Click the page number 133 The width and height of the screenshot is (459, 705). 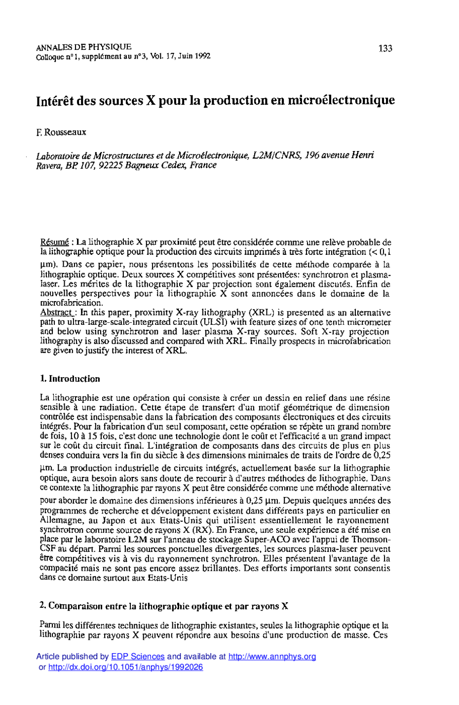click(x=385, y=48)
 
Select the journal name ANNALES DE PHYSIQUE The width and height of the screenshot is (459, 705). click(x=84, y=47)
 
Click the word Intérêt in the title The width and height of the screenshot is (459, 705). click(x=56, y=100)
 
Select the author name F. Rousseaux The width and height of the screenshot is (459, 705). click(x=61, y=132)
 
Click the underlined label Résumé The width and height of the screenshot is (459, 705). click(x=54, y=242)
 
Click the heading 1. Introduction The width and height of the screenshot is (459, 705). click(x=70, y=379)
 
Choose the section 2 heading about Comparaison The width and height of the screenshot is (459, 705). click(x=163, y=606)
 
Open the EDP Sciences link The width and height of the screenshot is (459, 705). click(x=138, y=657)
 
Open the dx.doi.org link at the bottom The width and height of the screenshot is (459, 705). click(x=125, y=667)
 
